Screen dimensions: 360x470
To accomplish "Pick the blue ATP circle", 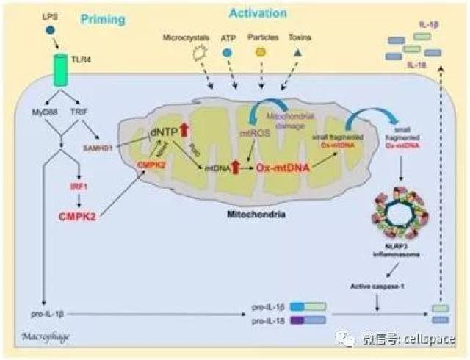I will pyautogui.click(x=228, y=54).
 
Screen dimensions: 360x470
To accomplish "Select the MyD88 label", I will pyautogui.click(x=35, y=111).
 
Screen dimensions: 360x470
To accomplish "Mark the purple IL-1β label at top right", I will pyautogui.click(x=429, y=25).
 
